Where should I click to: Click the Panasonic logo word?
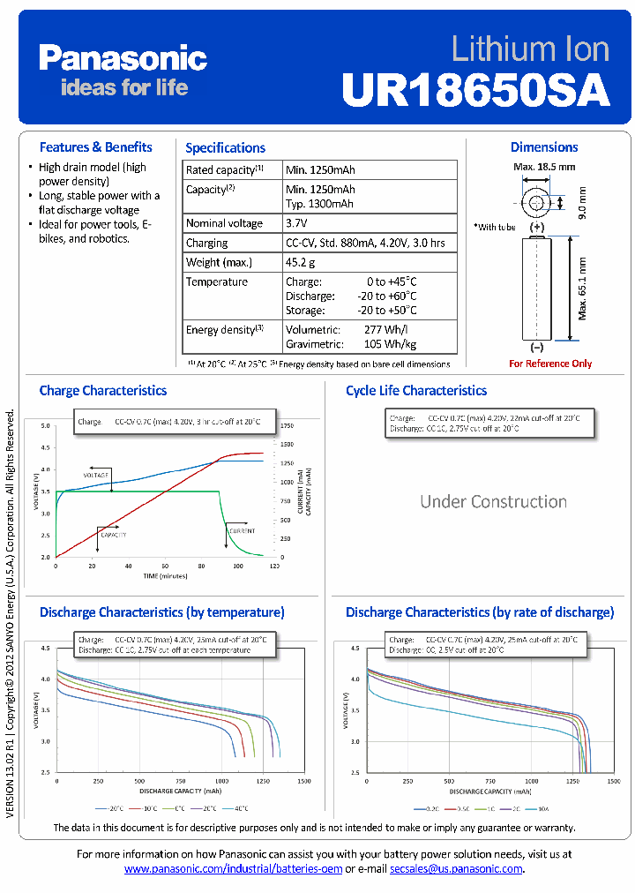point(123,58)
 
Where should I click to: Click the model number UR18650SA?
point(475,89)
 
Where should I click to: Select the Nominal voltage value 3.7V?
point(299,223)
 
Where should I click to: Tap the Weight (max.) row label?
point(219,262)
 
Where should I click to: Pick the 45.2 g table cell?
point(301,262)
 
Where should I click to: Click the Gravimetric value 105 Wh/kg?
point(390,344)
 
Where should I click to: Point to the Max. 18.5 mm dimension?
point(544,166)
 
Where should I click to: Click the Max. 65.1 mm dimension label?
point(582,287)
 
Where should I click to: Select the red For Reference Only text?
point(550,364)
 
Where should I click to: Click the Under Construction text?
point(493,501)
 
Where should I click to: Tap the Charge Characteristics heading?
point(102,390)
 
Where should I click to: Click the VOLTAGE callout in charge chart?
point(95,475)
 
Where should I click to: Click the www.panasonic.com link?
point(233,868)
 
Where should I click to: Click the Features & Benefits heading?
point(95,147)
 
